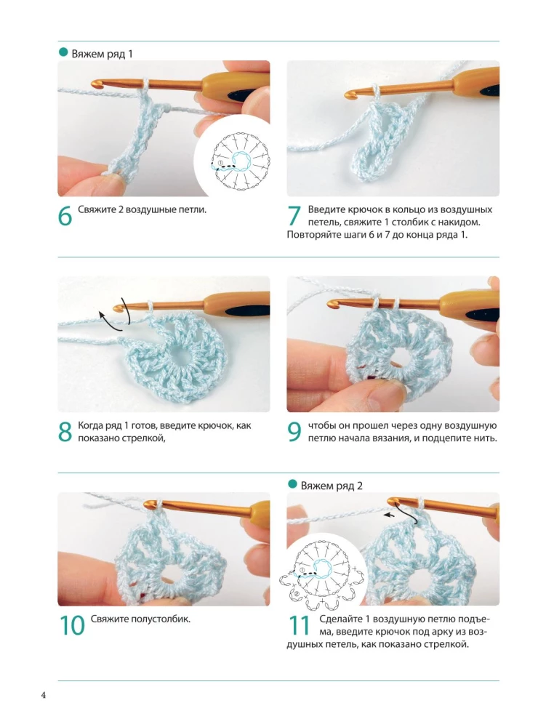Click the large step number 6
[65, 216]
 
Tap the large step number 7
[295, 216]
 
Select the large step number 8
[65, 432]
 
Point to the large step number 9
[295, 432]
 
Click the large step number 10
[72, 625]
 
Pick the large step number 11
[299, 625]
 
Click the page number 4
[43, 696]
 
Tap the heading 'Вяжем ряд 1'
[102, 54]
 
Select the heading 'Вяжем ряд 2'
[332, 486]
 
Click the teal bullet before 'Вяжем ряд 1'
[63, 52]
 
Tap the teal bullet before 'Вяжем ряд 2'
[292, 484]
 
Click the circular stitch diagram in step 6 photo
[239, 161]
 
